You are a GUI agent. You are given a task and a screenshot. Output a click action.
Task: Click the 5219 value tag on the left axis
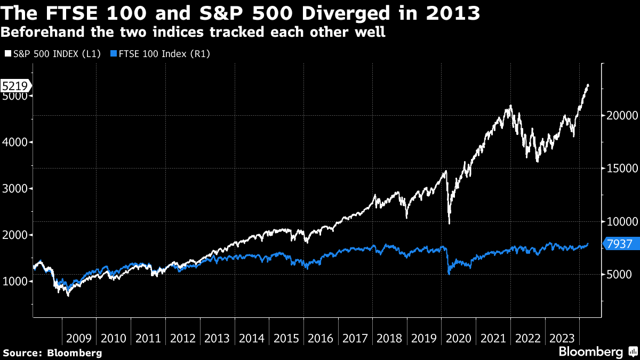[15, 85]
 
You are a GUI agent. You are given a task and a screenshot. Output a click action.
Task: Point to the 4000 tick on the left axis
[15, 142]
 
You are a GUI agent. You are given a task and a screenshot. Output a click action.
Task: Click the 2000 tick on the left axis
[15, 235]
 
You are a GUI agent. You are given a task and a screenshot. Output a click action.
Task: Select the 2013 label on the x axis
[217, 338]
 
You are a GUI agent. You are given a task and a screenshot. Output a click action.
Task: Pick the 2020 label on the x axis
[459, 338]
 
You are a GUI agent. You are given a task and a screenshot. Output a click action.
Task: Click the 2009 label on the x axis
[79, 338]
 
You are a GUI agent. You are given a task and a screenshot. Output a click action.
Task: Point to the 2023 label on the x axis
[563, 338]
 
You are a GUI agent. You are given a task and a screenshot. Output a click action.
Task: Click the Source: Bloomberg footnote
[52, 353]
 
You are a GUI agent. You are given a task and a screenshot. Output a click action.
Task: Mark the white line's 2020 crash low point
[449, 223]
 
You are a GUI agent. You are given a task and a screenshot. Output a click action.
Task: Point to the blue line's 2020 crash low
[449, 274]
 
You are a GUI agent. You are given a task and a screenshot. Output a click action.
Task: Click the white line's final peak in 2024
[588, 85]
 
